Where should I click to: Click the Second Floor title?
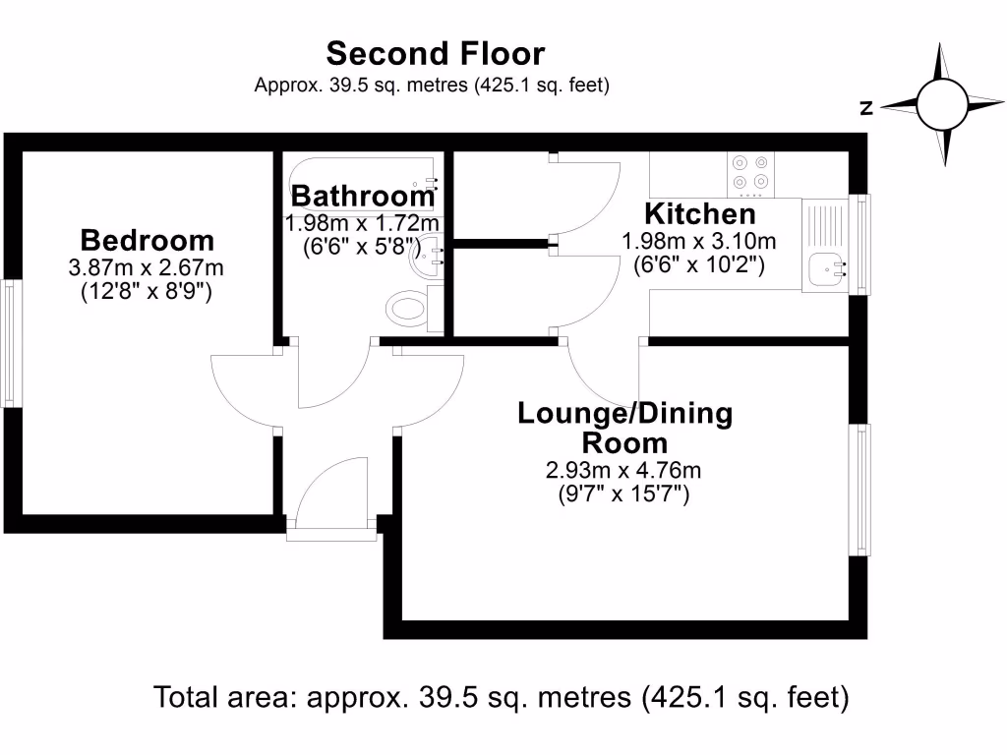(435, 53)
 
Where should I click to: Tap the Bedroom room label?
(147, 240)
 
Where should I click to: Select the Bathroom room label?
(363, 195)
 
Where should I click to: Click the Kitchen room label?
(699, 213)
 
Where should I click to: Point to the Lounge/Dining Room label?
(625, 428)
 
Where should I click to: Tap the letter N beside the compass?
(866, 109)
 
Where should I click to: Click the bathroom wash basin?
(430, 259)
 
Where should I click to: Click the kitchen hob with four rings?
(748, 173)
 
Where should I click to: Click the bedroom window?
(10, 343)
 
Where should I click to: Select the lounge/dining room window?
(860, 490)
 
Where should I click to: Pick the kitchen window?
(860, 244)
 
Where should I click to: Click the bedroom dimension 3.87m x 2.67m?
(147, 267)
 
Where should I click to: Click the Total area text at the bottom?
(502, 697)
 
